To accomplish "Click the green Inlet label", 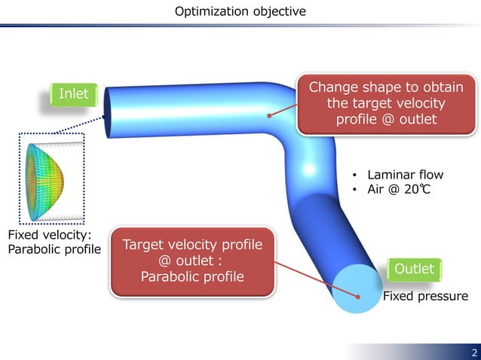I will [73, 94].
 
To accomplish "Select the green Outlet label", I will [414, 269].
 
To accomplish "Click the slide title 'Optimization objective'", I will [240, 11].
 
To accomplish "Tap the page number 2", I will [473, 352].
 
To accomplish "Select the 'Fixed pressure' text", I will [425, 296].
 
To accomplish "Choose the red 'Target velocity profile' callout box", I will [192, 261].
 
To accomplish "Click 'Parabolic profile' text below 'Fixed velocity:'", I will [54, 249].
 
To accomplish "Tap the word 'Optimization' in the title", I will [210, 11].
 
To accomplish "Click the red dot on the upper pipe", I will [268, 115].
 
